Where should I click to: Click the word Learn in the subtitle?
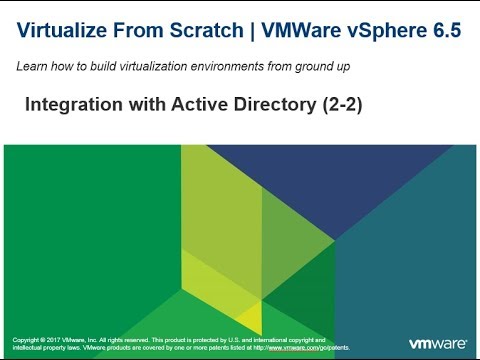point(30,67)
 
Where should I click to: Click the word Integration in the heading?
point(68,103)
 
